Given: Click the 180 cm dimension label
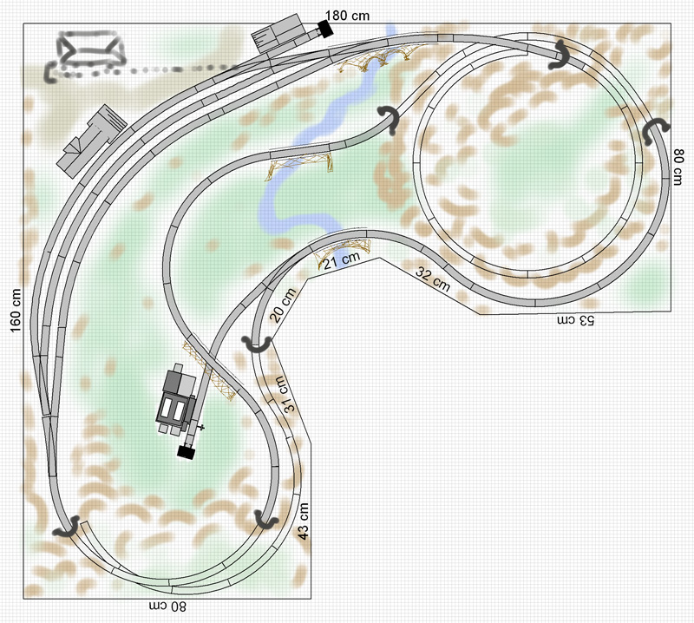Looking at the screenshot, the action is pos(347,16).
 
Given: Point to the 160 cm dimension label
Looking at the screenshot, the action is pos(16,310).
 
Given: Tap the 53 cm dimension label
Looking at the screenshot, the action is pos(575,320).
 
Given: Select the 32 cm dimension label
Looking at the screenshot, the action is pos(433,279).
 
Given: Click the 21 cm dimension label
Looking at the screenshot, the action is pos(341,261).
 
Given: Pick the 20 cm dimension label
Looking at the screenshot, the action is pos(283,305).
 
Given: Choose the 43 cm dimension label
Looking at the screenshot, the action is pos(303,521).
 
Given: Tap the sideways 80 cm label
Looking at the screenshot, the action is pos(678,167).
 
